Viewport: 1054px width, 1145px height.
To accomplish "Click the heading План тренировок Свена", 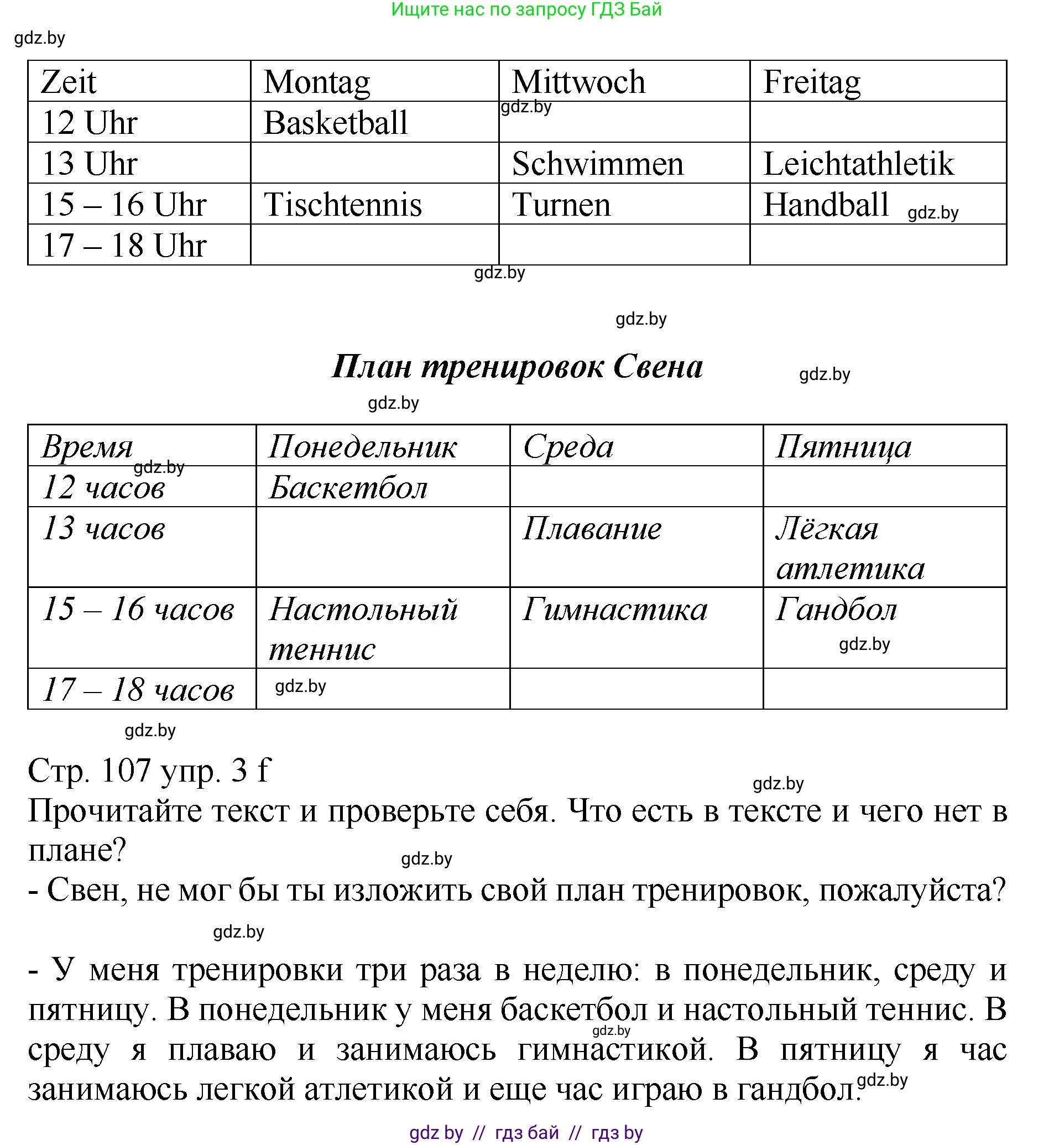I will tap(516, 366).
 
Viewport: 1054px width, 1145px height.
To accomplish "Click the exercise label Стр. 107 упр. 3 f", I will tap(149, 770).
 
